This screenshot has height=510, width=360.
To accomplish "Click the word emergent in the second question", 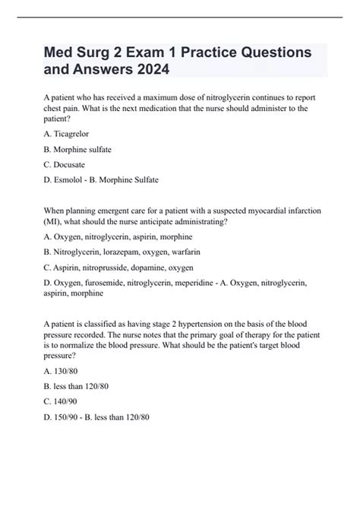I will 105,210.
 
